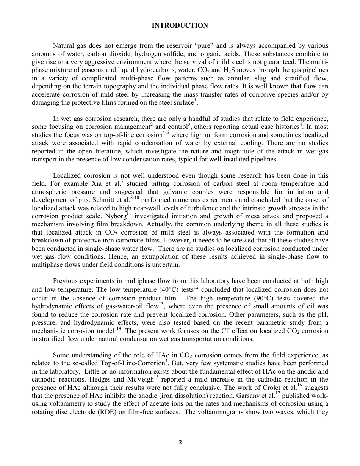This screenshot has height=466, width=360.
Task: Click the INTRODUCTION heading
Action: click(x=180, y=25)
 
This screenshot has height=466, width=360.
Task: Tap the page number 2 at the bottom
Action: click(x=180, y=442)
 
